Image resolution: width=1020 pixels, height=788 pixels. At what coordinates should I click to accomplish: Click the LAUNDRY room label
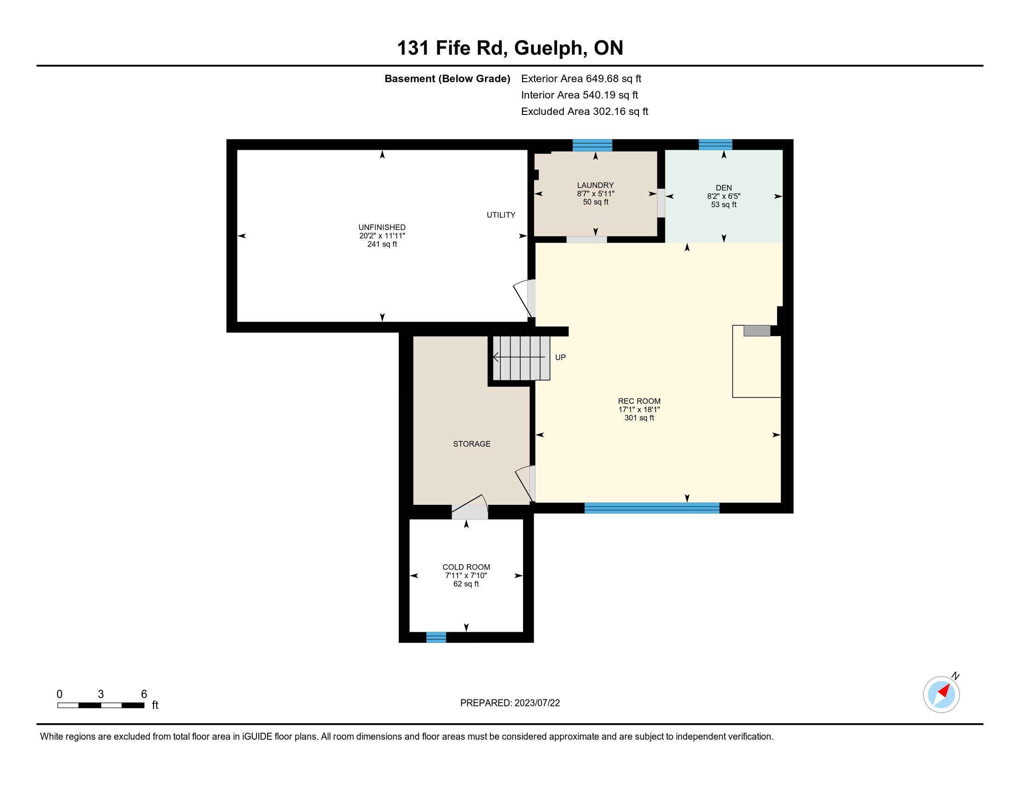click(x=595, y=185)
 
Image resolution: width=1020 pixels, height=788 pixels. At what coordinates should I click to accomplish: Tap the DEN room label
click(x=723, y=188)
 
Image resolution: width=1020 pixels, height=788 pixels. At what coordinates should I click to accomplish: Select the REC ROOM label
click(x=639, y=401)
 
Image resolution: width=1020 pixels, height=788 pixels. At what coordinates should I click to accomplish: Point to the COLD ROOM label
click(x=466, y=567)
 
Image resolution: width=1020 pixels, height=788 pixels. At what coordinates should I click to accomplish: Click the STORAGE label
click(x=472, y=444)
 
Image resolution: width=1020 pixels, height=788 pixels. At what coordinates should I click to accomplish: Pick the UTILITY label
click(x=501, y=215)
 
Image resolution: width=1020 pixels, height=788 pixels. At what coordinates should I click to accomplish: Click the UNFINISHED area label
click(x=382, y=228)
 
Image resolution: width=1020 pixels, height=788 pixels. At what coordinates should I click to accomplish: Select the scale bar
click(x=101, y=705)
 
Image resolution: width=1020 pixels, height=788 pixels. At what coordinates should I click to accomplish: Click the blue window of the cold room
click(x=436, y=637)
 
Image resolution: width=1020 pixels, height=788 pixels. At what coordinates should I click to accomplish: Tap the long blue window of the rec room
click(x=652, y=508)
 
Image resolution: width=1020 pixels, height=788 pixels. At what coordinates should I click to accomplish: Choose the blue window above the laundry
click(x=592, y=145)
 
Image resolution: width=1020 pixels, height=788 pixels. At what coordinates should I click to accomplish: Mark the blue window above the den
click(x=715, y=145)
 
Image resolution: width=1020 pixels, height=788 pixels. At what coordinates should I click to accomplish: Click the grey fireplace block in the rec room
click(x=757, y=330)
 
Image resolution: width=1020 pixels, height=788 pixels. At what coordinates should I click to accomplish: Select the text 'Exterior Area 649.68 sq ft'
click(x=581, y=79)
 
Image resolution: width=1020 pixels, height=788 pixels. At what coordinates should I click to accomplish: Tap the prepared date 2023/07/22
click(x=537, y=703)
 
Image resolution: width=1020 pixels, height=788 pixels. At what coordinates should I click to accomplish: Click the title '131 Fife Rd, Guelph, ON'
click(x=510, y=48)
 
